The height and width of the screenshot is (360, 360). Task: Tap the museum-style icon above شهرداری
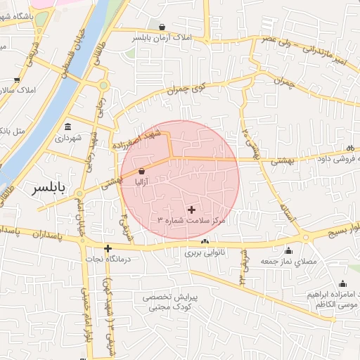click(67, 127)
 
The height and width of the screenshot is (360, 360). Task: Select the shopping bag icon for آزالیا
click(142, 171)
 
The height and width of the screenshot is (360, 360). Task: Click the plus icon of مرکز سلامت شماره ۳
click(192, 210)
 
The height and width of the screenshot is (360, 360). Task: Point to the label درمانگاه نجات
click(108, 259)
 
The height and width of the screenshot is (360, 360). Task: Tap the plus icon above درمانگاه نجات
click(108, 248)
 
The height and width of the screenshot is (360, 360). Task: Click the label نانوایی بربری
click(205, 252)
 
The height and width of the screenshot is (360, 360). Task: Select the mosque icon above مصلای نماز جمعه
click(288, 251)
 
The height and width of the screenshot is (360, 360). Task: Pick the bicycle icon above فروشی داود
click(350, 148)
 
